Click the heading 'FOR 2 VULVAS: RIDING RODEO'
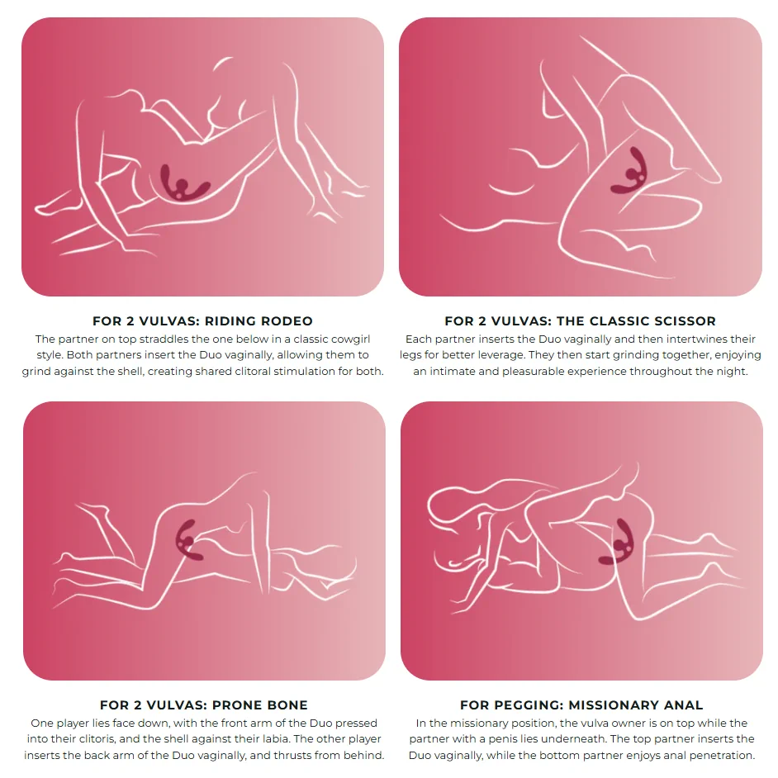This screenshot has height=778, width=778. click(x=202, y=321)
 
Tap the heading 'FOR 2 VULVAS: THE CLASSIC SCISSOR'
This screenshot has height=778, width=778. click(x=580, y=321)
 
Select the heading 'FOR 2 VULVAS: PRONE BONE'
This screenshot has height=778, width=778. click(x=203, y=705)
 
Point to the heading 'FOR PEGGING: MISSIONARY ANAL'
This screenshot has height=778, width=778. click(x=581, y=705)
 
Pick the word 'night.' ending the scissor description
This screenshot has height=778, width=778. click(x=732, y=372)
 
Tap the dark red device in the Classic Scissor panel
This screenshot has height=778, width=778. click(x=629, y=171)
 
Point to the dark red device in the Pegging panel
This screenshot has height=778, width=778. click(x=617, y=542)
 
